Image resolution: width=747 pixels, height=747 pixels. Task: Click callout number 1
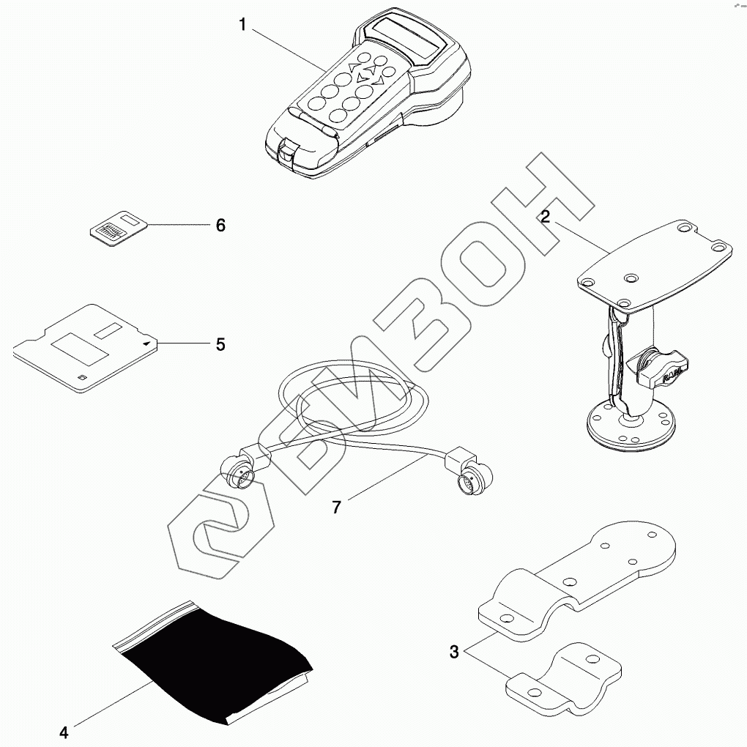click(242, 24)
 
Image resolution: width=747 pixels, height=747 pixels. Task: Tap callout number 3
click(454, 651)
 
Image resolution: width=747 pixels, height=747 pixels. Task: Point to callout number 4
click(64, 732)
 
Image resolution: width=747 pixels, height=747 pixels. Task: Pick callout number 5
click(220, 343)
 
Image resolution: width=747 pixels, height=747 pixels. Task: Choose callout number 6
click(220, 225)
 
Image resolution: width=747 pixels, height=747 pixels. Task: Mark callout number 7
click(336, 507)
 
